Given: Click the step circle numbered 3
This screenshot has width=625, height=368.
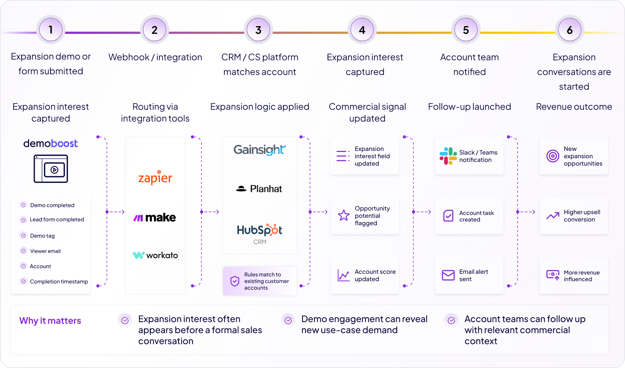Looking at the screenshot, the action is (258, 29).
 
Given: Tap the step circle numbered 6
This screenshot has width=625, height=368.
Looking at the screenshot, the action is (570, 29).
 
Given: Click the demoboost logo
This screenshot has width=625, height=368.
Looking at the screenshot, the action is (50, 144).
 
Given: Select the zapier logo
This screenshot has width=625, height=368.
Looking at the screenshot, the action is (155, 177).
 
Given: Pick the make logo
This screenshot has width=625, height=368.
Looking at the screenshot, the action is (155, 217).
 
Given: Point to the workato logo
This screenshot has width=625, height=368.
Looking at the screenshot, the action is (155, 255).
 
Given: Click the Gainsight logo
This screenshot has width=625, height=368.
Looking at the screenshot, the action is (259, 150).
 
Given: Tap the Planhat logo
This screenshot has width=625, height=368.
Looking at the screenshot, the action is (259, 189).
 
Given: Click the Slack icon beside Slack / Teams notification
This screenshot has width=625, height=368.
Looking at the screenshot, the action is (448, 156).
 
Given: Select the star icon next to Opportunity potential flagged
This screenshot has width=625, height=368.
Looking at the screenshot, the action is (343, 215).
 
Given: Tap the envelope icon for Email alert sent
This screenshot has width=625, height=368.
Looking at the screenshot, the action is (448, 275).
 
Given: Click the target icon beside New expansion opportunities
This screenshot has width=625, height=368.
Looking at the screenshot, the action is (552, 156).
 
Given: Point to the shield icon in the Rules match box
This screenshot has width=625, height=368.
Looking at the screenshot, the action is (235, 281).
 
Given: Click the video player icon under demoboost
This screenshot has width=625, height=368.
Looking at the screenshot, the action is (51, 169).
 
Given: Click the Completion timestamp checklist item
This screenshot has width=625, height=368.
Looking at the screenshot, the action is (54, 282).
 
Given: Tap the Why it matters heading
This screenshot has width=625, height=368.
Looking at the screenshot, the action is (50, 321).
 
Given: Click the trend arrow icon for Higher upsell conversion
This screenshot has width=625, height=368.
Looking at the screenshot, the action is (553, 216).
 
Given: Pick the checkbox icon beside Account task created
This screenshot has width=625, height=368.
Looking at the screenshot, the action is (448, 216).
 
